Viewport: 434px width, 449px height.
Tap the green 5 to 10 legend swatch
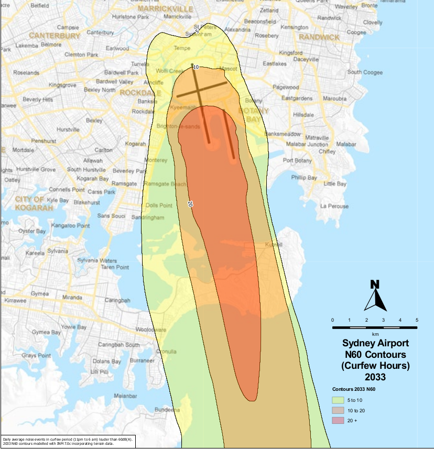(339, 400)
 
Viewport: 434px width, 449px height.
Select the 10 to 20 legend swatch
(339, 410)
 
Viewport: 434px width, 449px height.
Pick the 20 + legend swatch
(339, 421)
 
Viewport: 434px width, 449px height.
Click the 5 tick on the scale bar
(417, 320)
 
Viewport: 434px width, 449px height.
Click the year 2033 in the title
(375, 377)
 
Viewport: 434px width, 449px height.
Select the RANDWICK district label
(319, 37)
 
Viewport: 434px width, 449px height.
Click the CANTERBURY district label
(55, 36)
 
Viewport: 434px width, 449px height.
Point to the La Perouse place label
(334, 206)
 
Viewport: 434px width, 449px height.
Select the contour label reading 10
(196, 68)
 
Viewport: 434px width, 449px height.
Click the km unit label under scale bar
(375, 334)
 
